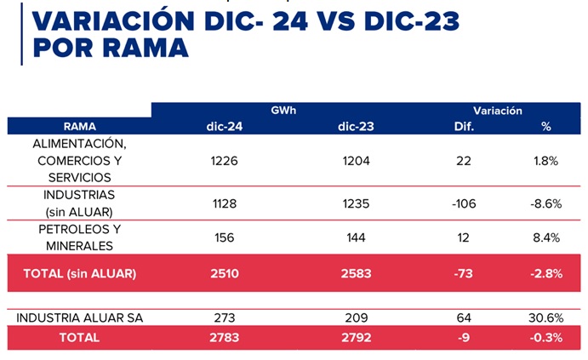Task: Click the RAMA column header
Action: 80,127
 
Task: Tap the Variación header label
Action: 498,111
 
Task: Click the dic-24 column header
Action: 225,127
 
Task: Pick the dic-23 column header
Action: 357,127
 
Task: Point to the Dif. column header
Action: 464,127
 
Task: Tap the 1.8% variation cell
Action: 546,161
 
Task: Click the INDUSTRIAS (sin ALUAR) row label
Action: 80,203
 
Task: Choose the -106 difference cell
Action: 464,203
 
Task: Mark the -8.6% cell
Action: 546,203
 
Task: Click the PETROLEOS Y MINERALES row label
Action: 80,237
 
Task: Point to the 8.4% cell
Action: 546,237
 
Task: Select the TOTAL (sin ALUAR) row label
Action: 80,273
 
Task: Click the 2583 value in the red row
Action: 357,273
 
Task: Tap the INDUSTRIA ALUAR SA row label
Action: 80,318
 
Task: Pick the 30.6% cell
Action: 546,318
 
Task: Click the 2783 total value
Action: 225,338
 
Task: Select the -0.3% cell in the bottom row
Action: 546,338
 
